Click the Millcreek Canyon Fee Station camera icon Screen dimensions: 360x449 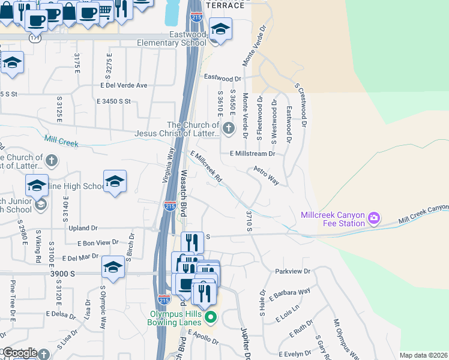[374, 216]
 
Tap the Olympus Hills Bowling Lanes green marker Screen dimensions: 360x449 [210, 316]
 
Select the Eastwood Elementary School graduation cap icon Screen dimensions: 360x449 [220, 29]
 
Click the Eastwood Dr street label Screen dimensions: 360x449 [222, 77]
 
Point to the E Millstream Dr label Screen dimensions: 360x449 [253, 154]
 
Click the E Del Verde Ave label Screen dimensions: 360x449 [124, 85]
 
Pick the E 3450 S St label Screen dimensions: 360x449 [113, 101]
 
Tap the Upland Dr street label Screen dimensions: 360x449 [83, 228]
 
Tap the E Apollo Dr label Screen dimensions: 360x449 [203, 335]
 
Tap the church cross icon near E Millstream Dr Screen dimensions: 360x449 [228, 128]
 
